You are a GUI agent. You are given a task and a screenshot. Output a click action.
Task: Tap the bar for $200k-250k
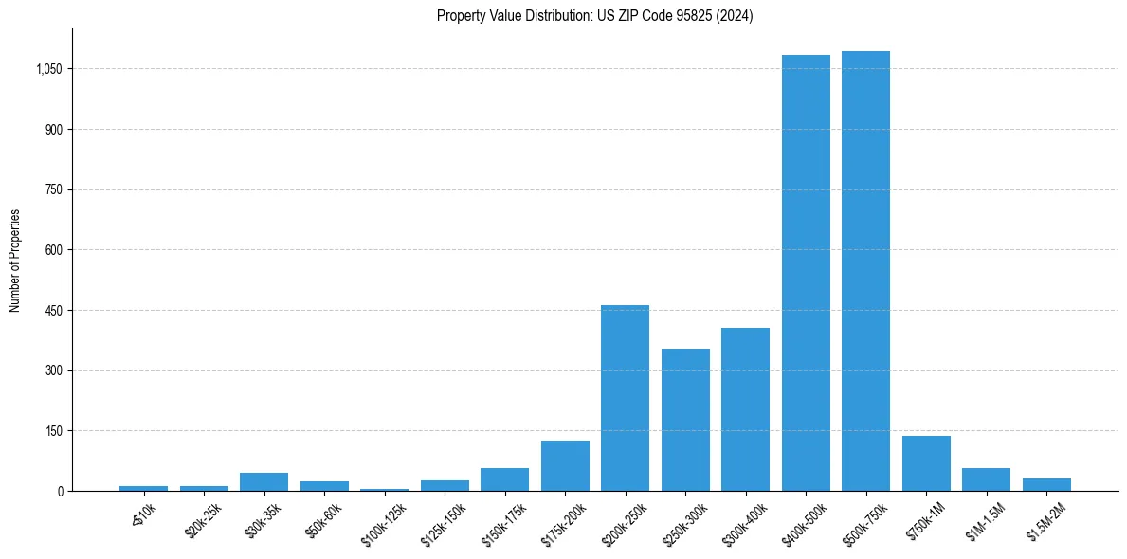625,398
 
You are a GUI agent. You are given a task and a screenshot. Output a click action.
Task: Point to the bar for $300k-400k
745,409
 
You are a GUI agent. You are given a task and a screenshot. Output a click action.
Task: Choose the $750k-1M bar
926,463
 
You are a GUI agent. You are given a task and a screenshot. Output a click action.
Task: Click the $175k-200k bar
565,466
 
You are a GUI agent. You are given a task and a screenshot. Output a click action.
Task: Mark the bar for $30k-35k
264,481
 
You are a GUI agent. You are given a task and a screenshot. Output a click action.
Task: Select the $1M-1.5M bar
986,479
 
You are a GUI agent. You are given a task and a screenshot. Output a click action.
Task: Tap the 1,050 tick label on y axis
48,69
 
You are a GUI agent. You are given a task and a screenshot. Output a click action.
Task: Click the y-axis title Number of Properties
15,260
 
